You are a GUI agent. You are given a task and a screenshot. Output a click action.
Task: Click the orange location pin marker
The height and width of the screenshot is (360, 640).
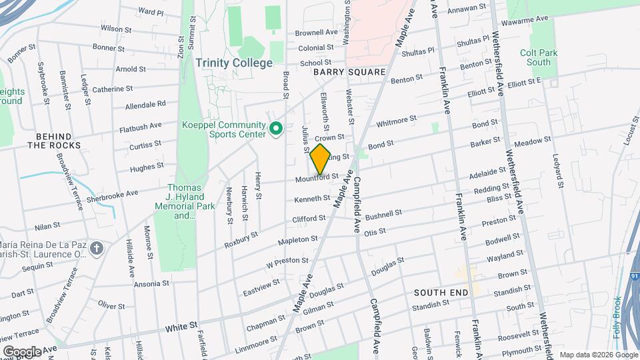[x=320, y=159]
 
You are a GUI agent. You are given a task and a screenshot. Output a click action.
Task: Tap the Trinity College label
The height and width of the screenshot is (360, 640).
[x=234, y=63]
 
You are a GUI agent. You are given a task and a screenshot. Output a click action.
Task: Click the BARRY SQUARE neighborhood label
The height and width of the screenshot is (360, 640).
[x=349, y=72]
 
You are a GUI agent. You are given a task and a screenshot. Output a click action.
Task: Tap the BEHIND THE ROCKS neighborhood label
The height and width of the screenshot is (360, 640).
[x=54, y=141]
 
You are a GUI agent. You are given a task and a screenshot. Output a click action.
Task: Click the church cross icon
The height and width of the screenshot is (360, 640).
[x=97, y=249]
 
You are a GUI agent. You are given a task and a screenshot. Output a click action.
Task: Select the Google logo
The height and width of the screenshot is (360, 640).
[x=22, y=351]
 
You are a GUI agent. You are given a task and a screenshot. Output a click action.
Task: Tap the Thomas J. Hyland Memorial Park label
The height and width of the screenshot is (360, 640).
[x=181, y=202]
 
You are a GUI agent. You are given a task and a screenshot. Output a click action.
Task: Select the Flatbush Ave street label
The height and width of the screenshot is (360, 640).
[x=141, y=126]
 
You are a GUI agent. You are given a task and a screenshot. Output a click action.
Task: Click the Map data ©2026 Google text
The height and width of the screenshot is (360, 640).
[x=596, y=354]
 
